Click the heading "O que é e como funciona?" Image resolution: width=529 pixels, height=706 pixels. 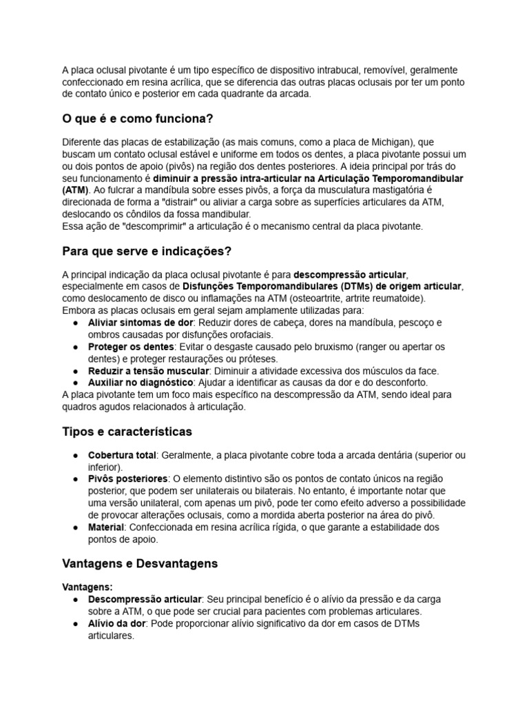pyautogui.click(x=137, y=119)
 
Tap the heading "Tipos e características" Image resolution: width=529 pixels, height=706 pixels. pyautogui.click(x=127, y=432)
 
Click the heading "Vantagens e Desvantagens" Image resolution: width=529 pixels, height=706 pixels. pyautogui.click(x=140, y=563)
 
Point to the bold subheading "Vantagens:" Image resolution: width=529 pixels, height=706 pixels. pyautogui.click(x=87, y=587)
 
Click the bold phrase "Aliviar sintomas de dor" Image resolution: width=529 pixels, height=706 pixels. pyautogui.click(x=140, y=323)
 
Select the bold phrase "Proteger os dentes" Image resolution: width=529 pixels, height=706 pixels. pyautogui.click(x=130, y=347)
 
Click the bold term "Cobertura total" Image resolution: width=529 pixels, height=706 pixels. pyautogui.click(x=122, y=455)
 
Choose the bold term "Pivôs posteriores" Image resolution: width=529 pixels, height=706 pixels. pyautogui.click(x=127, y=478)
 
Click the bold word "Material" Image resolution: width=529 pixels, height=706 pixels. pyautogui.click(x=105, y=527)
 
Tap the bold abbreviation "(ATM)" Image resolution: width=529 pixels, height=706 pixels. pyautogui.click(x=74, y=190)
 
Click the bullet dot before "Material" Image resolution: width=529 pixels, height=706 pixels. pyautogui.click(x=74, y=527)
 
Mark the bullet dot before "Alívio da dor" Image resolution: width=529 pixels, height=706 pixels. pyautogui.click(x=74, y=623)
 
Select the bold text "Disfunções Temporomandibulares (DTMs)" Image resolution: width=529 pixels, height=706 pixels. pyautogui.click(x=273, y=286)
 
